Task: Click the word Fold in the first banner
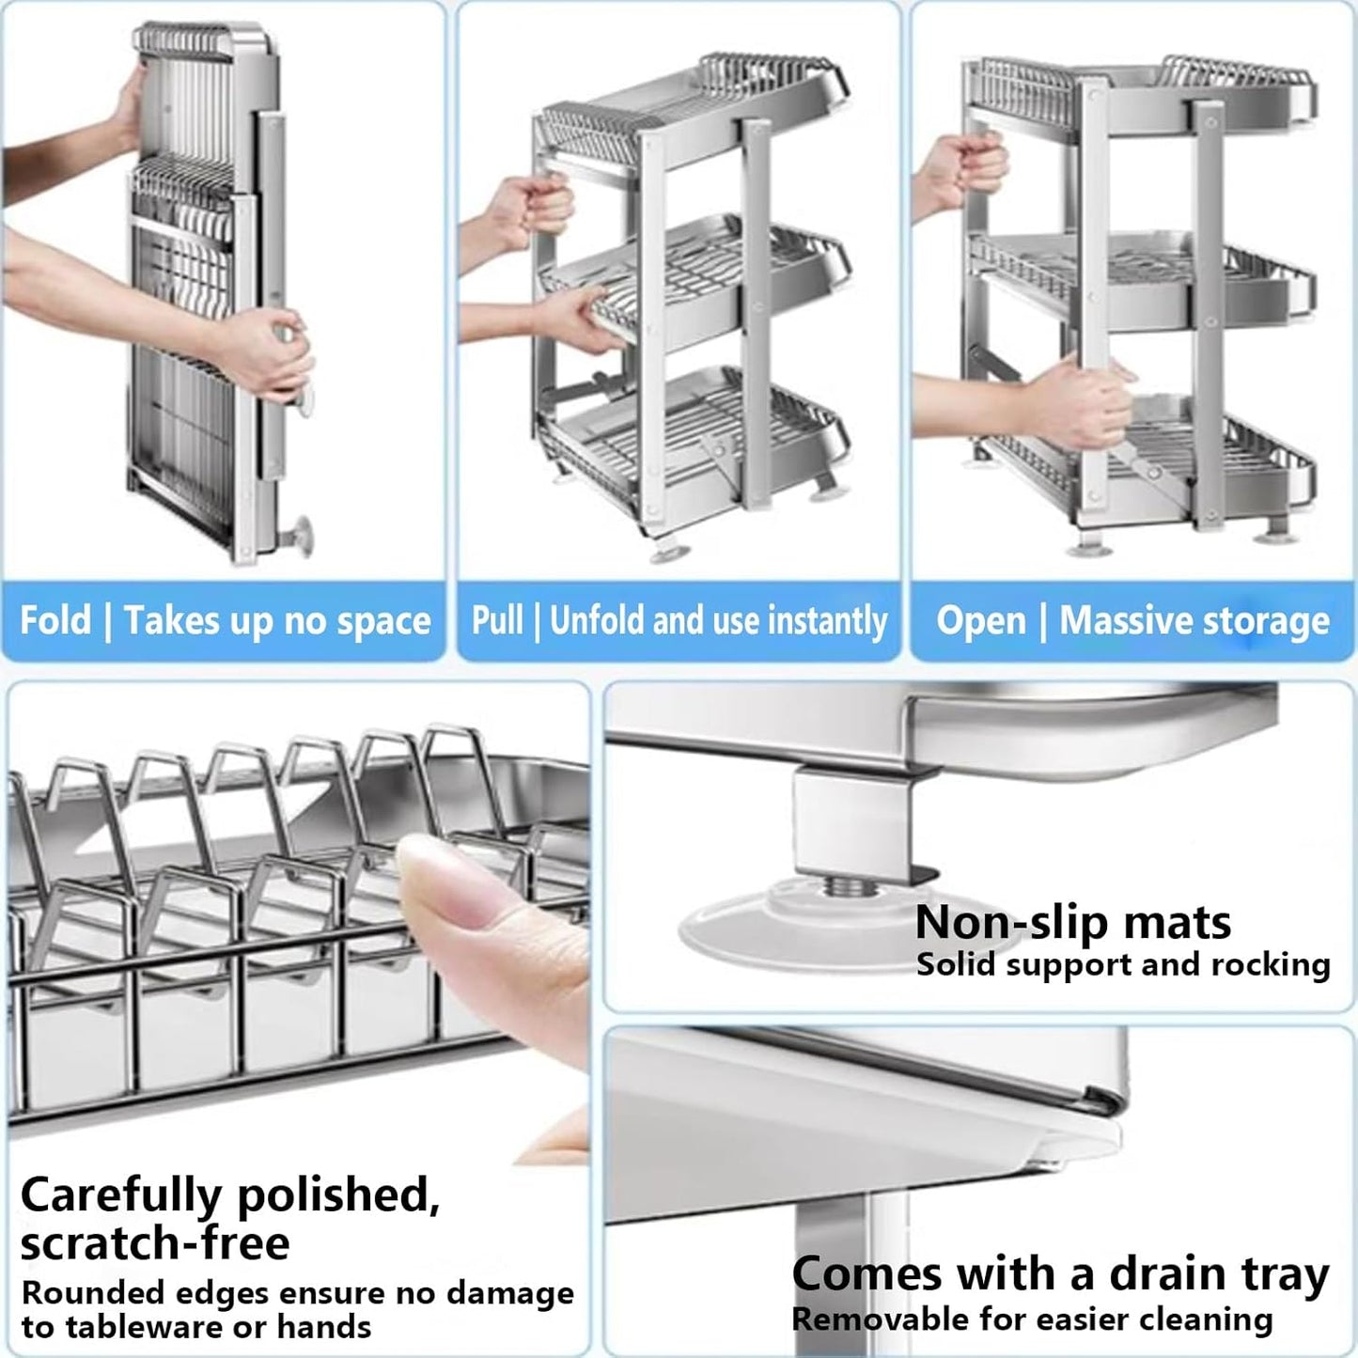[x=55, y=620]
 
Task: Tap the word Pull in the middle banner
[x=497, y=620]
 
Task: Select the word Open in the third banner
[x=981, y=620]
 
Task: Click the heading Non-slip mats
[x=1072, y=922]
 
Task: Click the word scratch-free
[x=155, y=1242]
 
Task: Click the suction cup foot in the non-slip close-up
[x=780, y=926]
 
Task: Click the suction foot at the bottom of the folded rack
[x=298, y=537]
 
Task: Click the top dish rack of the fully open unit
[x=1137, y=89]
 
